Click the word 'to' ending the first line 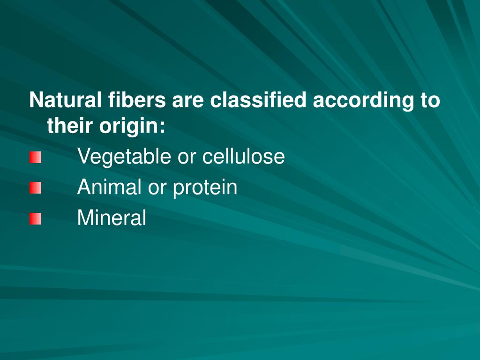[429, 100]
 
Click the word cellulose [243, 156]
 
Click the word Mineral [112, 217]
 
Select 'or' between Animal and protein [157, 187]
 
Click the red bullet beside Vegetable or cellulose [35, 158]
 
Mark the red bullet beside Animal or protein [35, 188]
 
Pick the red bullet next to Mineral [35, 218]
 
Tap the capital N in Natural [35, 100]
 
